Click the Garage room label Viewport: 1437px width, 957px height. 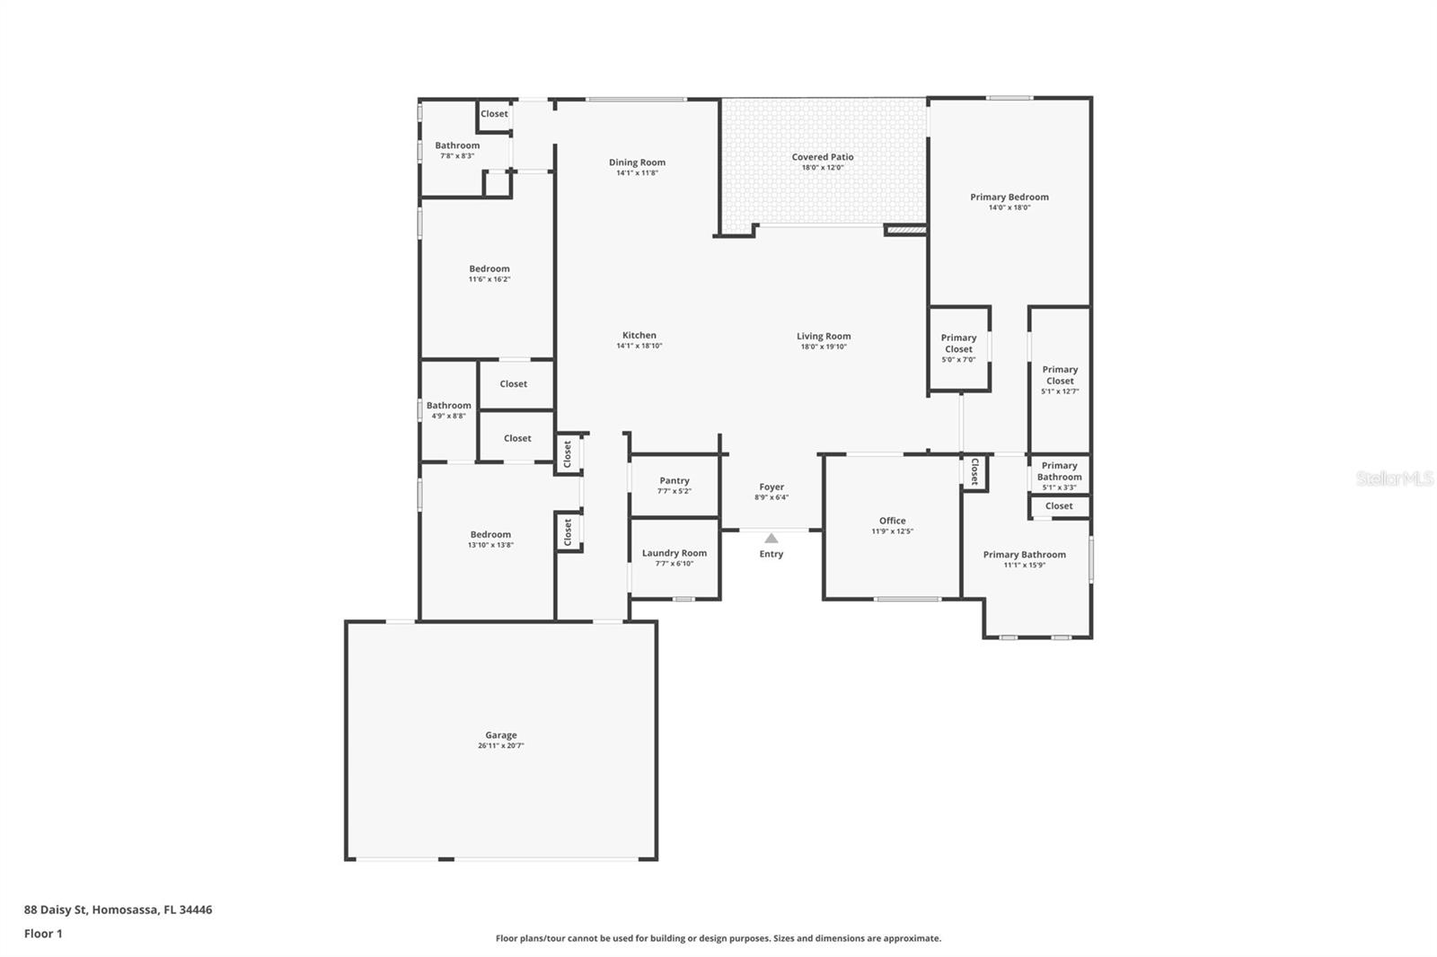click(x=501, y=735)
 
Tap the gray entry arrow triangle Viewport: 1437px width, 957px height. click(x=771, y=539)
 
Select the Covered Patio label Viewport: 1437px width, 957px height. click(x=822, y=157)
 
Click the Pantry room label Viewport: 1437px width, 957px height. click(x=674, y=481)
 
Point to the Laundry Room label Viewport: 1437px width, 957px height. click(x=674, y=553)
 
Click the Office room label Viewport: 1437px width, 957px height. click(x=892, y=521)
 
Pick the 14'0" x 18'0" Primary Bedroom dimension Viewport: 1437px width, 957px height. click(x=1009, y=207)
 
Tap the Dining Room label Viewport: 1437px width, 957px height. click(x=637, y=162)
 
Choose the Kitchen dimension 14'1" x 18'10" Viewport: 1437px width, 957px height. click(x=639, y=346)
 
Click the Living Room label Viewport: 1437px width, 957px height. click(x=824, y=337)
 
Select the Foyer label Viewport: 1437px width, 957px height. click(x=771, y=487)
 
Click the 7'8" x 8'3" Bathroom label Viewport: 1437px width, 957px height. click(x=457, y=145)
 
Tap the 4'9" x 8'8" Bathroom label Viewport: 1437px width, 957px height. click(x=448, y=406)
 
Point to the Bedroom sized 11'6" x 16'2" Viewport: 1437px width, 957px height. click(x=489, y=268)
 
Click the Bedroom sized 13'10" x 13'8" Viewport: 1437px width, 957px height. click(x=490, y=534)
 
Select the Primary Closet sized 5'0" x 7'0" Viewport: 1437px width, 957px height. click(x=958, y=344)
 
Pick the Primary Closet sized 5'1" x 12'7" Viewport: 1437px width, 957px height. click(x=1060, y=375)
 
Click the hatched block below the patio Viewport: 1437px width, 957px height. click(x=904, y=231)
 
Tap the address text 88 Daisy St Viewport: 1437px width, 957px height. click(x=118, y=909)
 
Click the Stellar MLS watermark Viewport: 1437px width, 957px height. click(x=1394, y=478)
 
